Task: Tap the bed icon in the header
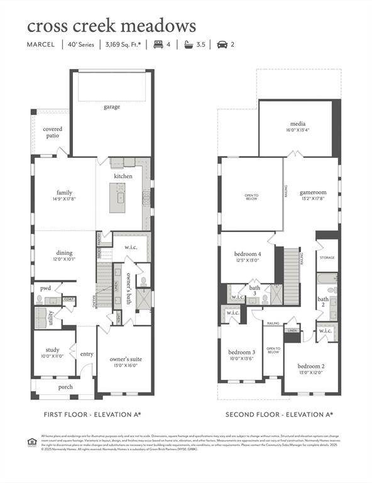tap(158, 45)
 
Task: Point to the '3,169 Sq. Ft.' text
tap(123, 45)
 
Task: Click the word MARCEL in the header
tap(41, 45)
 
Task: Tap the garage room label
tap(112, 107)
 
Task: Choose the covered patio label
tap(52, 133)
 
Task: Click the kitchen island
tap(118, 198)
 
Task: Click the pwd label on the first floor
tap(45, 288)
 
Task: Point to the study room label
tap(53, 350)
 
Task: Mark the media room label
tap(297, 124)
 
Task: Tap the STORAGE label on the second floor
tap(327, 258)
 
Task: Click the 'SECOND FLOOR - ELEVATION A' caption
tap(279, 414)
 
